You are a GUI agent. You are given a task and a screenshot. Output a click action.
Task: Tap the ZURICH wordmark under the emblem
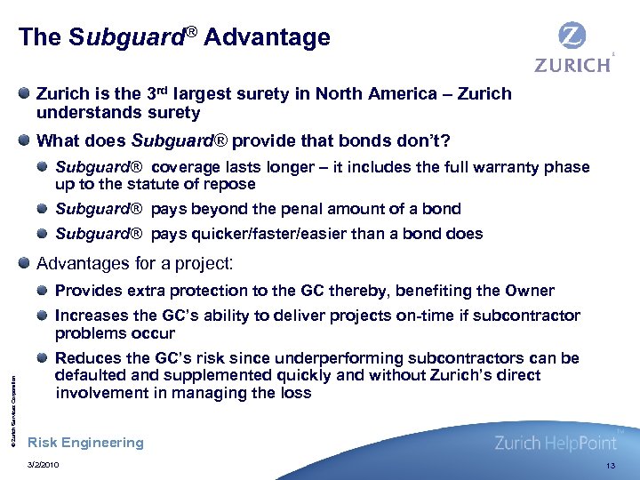coord(572,65)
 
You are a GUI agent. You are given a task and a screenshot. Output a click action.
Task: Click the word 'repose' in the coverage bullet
coord(230,184)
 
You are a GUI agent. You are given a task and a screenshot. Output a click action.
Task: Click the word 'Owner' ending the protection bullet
coord(530,291)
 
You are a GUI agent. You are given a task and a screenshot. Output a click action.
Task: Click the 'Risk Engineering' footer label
coord(85,443)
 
